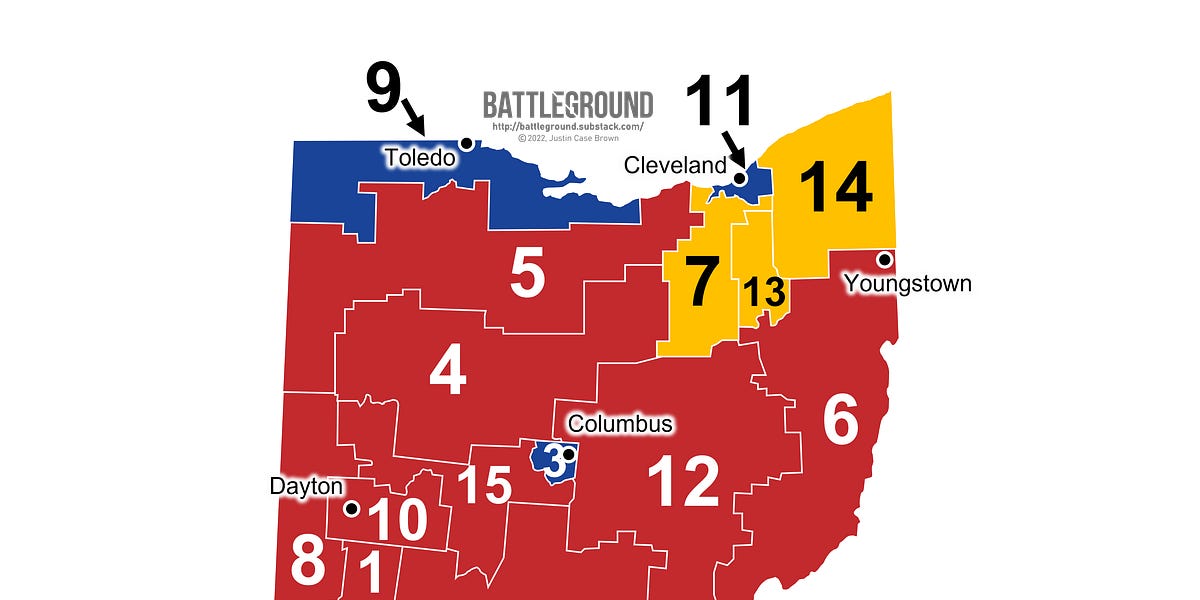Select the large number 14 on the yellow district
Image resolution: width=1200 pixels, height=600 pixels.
(836, 188)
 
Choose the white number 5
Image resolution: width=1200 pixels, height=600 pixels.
(527, 275)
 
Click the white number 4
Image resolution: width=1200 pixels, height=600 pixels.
(447, 374)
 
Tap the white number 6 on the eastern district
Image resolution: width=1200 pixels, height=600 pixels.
(840, 421)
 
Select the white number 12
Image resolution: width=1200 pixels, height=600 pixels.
(683, 481)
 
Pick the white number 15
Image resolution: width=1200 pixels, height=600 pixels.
(485, 486)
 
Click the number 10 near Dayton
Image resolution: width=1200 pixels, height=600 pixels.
(397, 520)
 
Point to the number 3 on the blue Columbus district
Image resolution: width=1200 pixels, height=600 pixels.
(553, 462)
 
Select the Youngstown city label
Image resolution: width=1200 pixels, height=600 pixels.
(907, 284)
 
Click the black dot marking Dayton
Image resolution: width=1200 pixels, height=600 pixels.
(351, 508)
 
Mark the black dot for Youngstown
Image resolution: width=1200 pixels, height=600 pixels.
(884, 260)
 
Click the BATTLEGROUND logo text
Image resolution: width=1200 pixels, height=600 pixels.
(567, 105)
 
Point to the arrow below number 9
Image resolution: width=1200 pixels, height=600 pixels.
(414, 120)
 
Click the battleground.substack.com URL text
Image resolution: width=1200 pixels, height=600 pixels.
(567, 127)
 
